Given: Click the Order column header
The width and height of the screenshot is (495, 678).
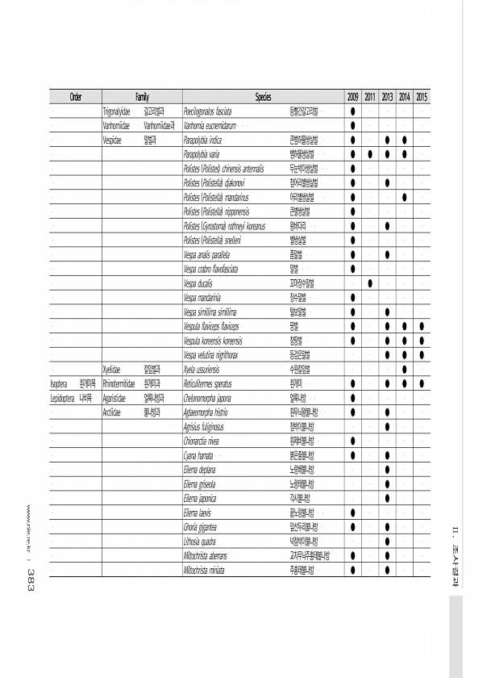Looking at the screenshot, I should [x=75, y=97].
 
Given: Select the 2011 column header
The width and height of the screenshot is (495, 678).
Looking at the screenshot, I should [x=370, y=97].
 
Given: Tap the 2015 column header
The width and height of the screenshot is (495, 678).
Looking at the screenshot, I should [x=422, y=97].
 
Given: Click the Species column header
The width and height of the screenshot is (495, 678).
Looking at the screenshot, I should [x=263, y=97].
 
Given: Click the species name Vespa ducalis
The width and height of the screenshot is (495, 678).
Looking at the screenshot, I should [x=201, y=283].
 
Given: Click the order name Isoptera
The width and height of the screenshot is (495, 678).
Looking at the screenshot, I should [x=62, y=384].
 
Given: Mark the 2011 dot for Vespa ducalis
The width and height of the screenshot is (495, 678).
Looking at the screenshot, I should [x=370, y=283].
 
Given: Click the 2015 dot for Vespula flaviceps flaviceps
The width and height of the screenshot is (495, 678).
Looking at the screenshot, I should [x=422, y=326].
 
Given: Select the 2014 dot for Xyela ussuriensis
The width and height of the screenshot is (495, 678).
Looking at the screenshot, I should [x=405, y=370].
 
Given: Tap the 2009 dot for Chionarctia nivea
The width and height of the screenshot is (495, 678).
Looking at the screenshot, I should [x=353, y=441].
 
